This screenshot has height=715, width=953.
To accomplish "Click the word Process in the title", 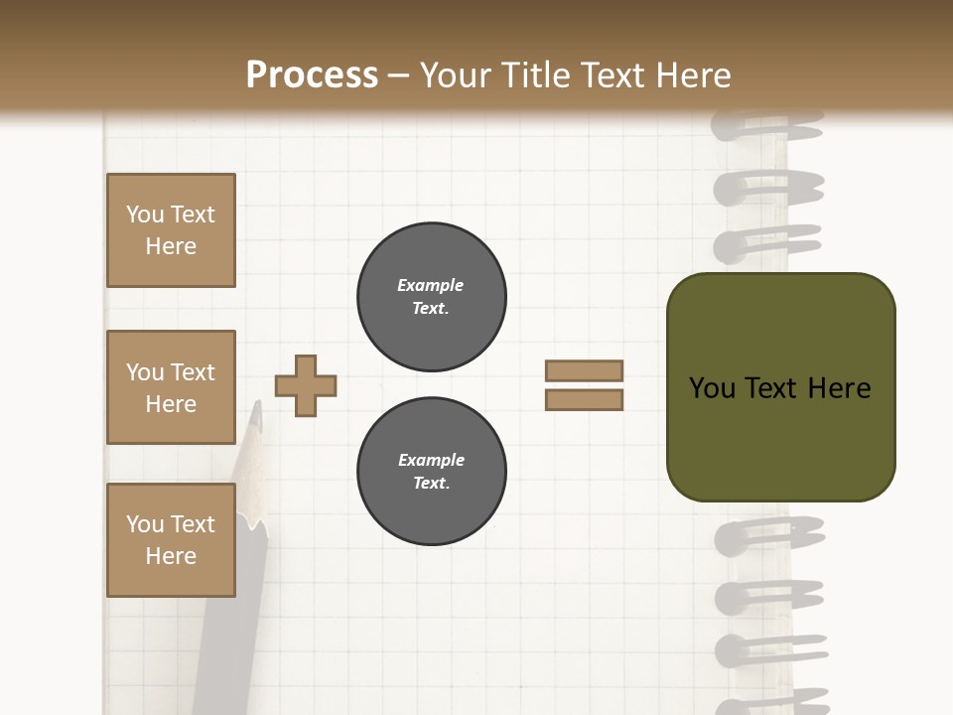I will pyautogui.click(x=312, y=75).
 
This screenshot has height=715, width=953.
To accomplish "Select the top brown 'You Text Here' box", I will pyautogui.click(x=171, y=230).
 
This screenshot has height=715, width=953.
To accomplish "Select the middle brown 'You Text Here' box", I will pyautogui.click(x=171, y=387).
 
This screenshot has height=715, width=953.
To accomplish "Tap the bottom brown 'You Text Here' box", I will pyautogui.click(x=171, y=540).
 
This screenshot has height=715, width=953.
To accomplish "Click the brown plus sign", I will pyautogui.click(x=305, y=385).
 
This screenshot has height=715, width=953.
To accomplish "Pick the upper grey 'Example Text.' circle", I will pyautogui.click(x=432, y=296).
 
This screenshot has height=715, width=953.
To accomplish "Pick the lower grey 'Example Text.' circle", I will pyautogui.click(x=432, y=472).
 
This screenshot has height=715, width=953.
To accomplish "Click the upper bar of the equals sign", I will pyautogui.click(x=584, y=370).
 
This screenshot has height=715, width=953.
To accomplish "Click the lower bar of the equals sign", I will pyautogui.click(x=584, y=399).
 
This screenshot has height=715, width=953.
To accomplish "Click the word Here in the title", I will pyautogui.click(x=691, y=75).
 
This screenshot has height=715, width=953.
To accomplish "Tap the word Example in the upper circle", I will pyautogui.click(x=430, y=285).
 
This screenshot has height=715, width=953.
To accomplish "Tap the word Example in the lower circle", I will pyautogui.click(x=431, y=460).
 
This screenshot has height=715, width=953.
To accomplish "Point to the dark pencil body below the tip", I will pyautogui.click(x=223, y=616).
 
